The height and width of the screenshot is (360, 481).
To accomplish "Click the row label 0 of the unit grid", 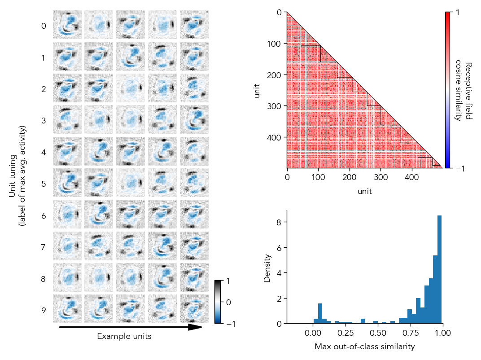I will [44, 26].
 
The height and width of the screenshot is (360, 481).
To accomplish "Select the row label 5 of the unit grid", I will [44, 184].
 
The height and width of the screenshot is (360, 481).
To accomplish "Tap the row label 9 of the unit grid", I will [44, 310].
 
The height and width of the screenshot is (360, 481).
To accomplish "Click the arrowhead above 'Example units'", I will [195, 327].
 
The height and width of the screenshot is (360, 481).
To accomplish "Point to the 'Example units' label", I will [124, 337].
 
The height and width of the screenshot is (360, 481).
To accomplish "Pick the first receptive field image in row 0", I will [67, 25].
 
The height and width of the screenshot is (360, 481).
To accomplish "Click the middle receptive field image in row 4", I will [131, 151].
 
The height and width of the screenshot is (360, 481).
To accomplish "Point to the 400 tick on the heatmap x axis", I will [412, 178].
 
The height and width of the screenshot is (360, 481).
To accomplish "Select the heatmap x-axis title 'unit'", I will [365, 192].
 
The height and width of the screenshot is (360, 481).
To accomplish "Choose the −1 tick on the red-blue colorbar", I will [460, 168].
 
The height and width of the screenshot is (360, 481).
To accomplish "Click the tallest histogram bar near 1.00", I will [440, 269].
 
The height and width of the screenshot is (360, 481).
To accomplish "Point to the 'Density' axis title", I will [267, 268].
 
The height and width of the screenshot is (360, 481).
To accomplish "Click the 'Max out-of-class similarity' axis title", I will [364, 347].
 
